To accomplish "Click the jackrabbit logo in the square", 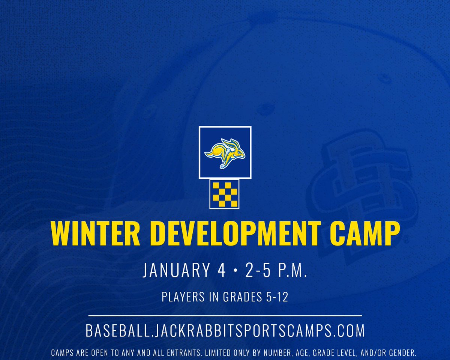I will point(225,152).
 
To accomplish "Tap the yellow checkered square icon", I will point(224,193).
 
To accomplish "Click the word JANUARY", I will point(177,270).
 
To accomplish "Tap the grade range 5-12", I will point(276,297).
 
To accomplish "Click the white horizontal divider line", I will point(225,316).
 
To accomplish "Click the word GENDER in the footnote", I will point(400,353).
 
